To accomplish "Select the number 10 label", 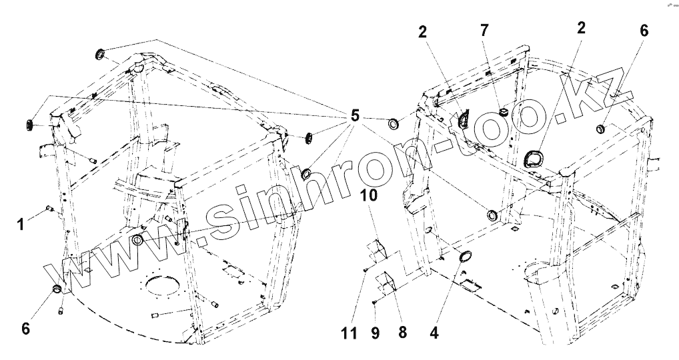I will point(370,195).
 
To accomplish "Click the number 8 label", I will point(402,331).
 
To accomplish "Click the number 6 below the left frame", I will point(26,328).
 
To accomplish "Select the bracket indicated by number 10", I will point(377,247).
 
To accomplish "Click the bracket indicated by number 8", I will point(387,281).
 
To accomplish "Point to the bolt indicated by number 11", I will point(367,269).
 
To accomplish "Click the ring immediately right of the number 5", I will point(394,123).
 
